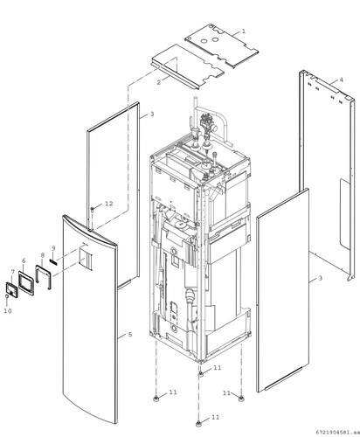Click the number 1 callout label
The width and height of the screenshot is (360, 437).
(244, 31)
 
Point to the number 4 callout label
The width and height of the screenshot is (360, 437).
(342, 80)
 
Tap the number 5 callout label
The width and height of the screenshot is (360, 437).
(130, 335)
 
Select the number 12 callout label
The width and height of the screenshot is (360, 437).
(108, 204)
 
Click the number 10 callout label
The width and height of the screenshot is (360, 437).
(8, 311)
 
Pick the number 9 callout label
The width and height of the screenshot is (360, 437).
(53, 248)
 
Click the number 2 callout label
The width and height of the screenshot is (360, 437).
(159, 82)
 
